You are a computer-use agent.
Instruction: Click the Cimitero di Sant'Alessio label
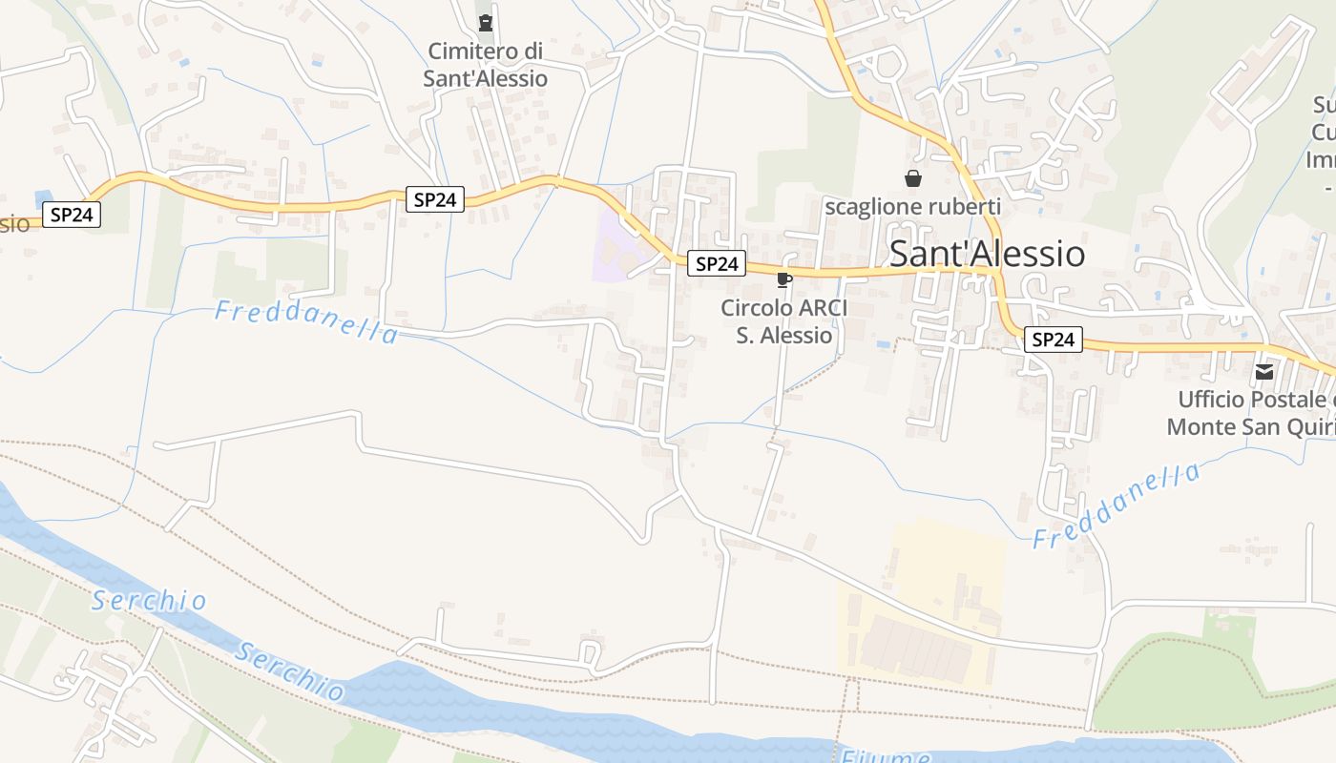[x=485, y=64]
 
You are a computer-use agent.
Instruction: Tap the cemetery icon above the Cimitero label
[x=486, y=22]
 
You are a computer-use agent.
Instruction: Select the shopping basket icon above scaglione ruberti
[x=913, y=178]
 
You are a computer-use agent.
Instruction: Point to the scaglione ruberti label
[x=912, y=206]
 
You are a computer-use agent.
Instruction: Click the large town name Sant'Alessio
[x=987, y=254]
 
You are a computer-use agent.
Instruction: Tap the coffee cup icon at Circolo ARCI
[x=783, y=279]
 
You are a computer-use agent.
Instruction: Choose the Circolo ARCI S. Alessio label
[x=783, y=321]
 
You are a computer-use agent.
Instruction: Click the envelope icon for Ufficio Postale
[x=1264, y=371]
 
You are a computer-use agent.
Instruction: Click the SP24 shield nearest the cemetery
[x=435, y=199]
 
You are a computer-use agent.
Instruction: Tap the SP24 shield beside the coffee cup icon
[x=717, y=264]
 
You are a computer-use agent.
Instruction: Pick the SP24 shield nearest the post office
[x=1054, y=340]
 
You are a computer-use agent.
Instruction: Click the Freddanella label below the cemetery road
[x=305, y=321]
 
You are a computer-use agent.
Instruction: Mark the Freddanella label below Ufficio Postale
[x=1117, y=505]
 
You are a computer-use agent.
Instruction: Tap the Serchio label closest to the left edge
[x=149, y=601]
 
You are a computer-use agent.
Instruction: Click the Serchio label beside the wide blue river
[x=290, y=670]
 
